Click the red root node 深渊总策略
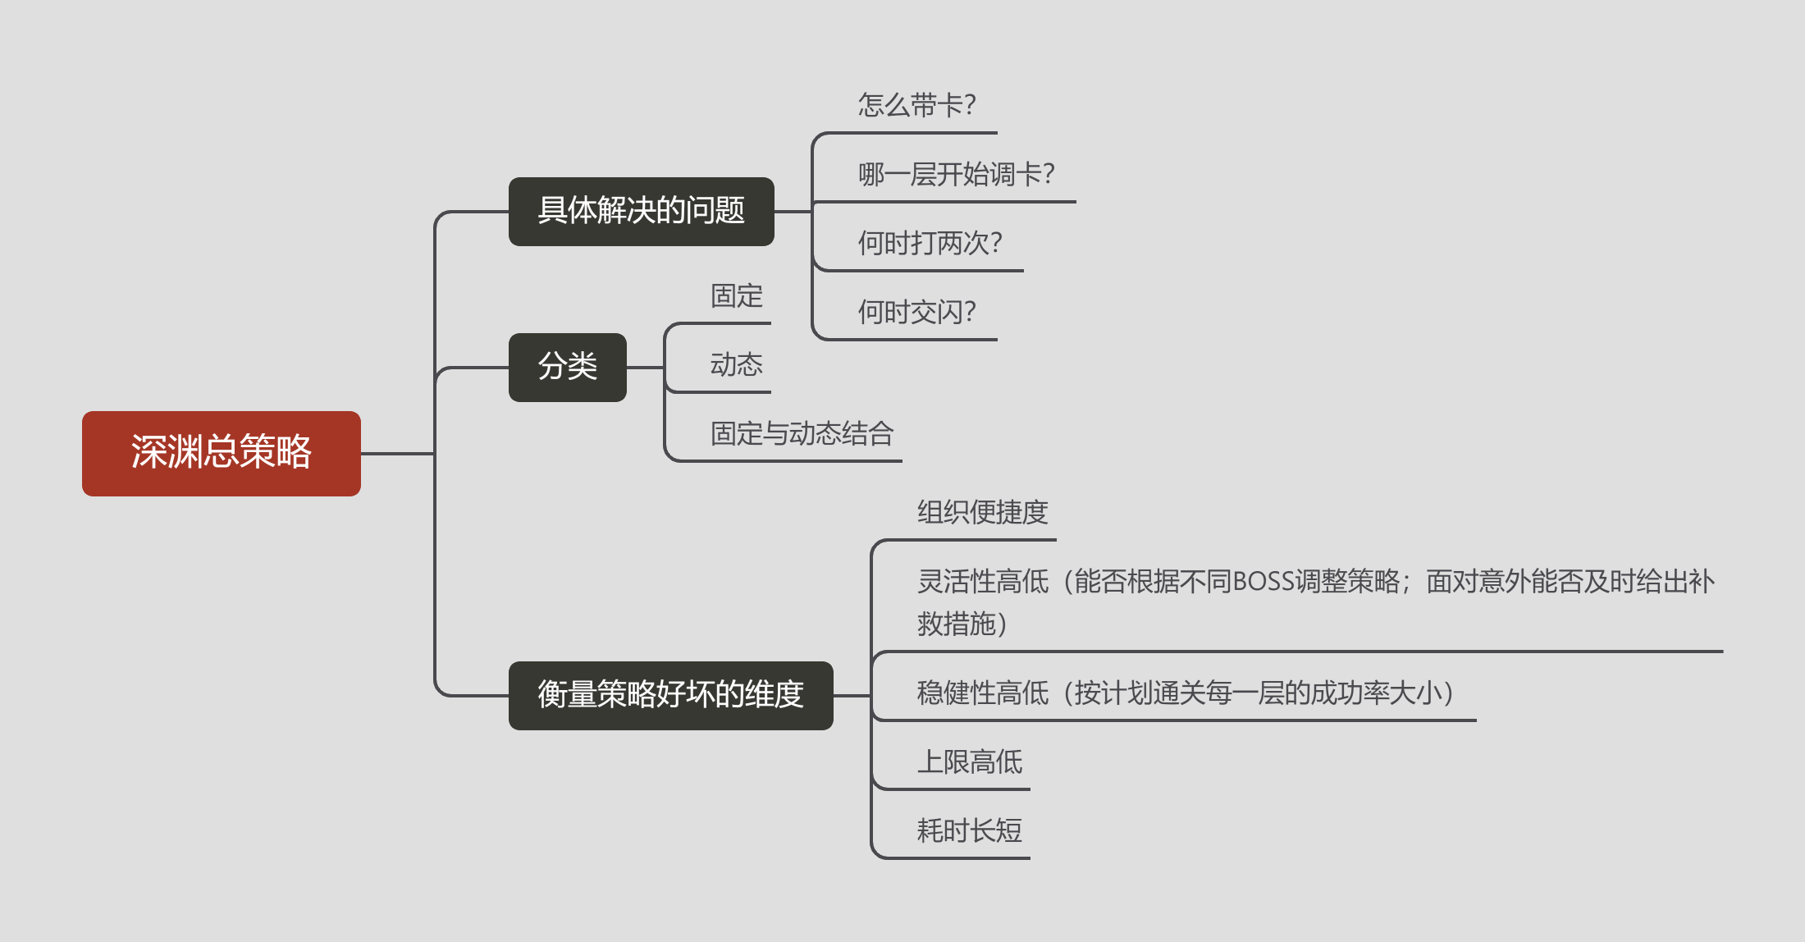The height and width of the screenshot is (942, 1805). pos(221,453)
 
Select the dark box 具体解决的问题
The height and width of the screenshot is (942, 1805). pos(641,211)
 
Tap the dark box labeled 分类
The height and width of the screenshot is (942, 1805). pos(567,367)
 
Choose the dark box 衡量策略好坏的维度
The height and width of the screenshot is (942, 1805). pos(670,695)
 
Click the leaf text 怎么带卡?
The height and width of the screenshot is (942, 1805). pos(916,105)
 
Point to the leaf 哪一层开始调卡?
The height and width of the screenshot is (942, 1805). pos(956,174)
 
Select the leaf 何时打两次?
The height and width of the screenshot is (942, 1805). pos(930,243)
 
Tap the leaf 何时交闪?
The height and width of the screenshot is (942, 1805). pos(916,312)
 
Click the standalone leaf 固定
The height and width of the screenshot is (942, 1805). pos(736,295)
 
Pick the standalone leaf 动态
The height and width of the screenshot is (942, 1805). pos(736,364)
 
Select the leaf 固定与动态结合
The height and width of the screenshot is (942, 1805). pos(802,433)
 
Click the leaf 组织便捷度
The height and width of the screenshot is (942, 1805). pos(982,512)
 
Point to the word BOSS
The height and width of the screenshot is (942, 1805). pos(1263,582)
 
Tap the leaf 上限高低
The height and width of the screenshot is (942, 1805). pos(969,761)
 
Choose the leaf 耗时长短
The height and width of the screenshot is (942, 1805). pos(969,830)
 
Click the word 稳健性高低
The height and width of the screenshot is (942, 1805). pos(982,693)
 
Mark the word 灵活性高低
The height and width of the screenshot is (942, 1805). pos(982,582)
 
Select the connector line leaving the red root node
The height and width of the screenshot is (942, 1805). pos(397,453)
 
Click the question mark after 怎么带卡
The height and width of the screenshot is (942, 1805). pos(970,105)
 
